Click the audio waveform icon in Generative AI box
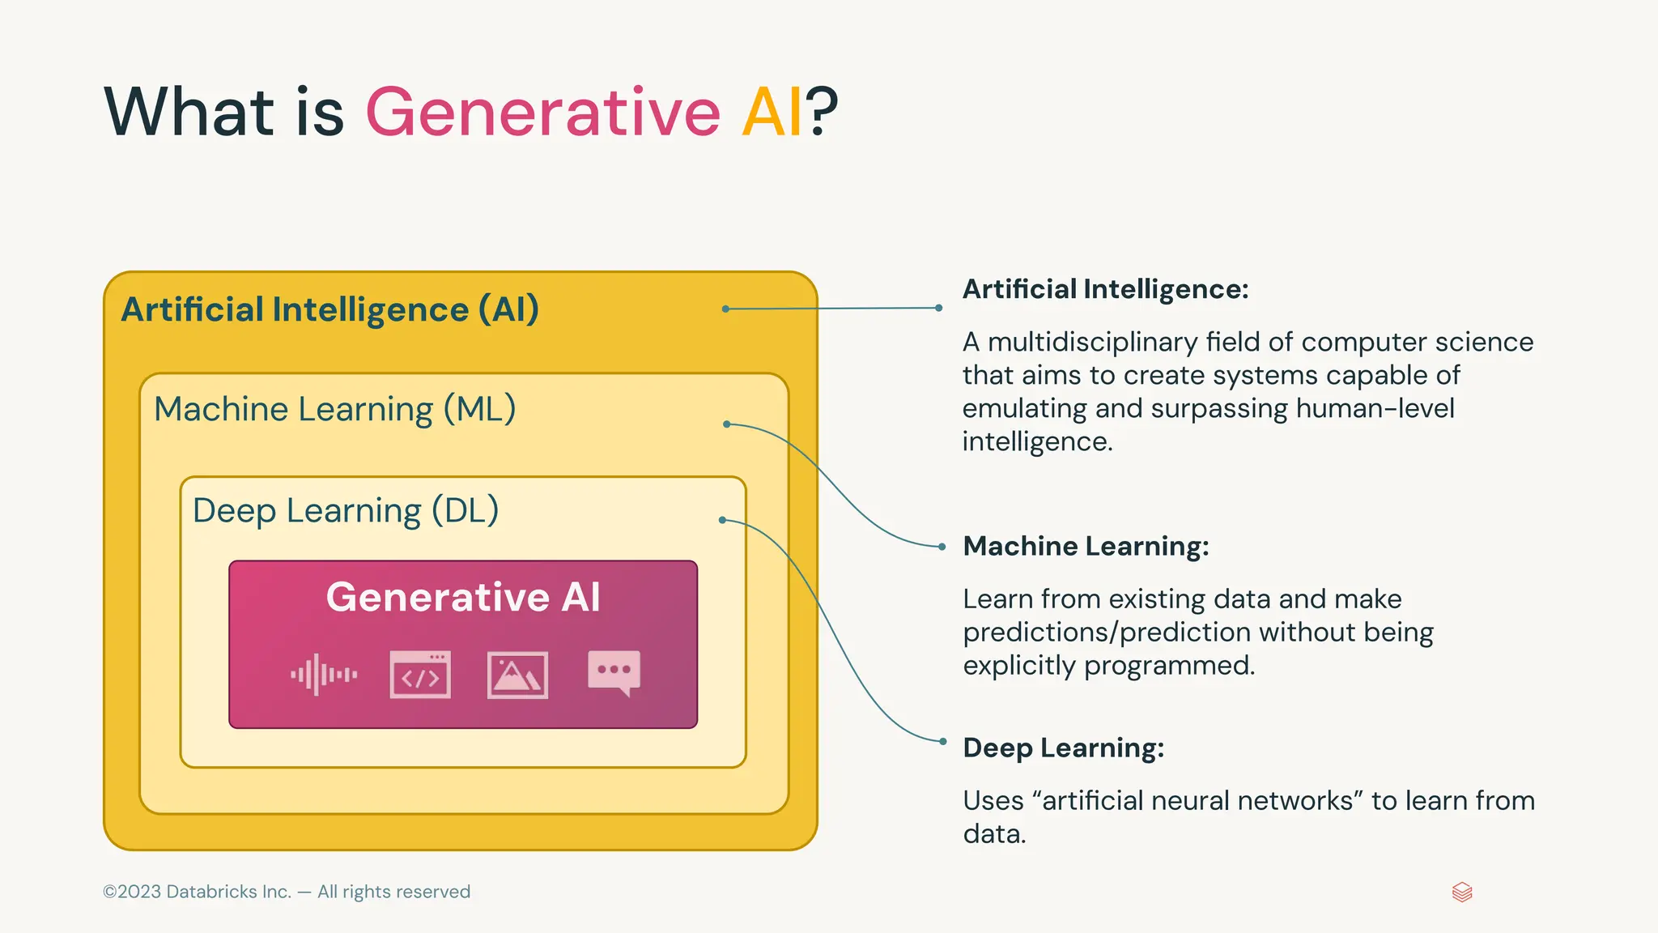(324, 674)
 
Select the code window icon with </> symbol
(420, 674)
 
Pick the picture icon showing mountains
(517, 675)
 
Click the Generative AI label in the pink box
(463, 598)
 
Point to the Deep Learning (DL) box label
(346, 511)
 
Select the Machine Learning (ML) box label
(334, 410)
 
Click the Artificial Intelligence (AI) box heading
(329, 310)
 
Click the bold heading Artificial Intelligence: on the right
(1105, 289)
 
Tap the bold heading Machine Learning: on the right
(1086, 546)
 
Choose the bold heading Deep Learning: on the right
(1063, 748)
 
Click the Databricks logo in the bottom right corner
(1462, 893)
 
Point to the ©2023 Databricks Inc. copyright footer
(287, 892)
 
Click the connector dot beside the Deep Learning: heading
(942, 741)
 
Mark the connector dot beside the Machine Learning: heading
(942, 547)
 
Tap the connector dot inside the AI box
(725, 309)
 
